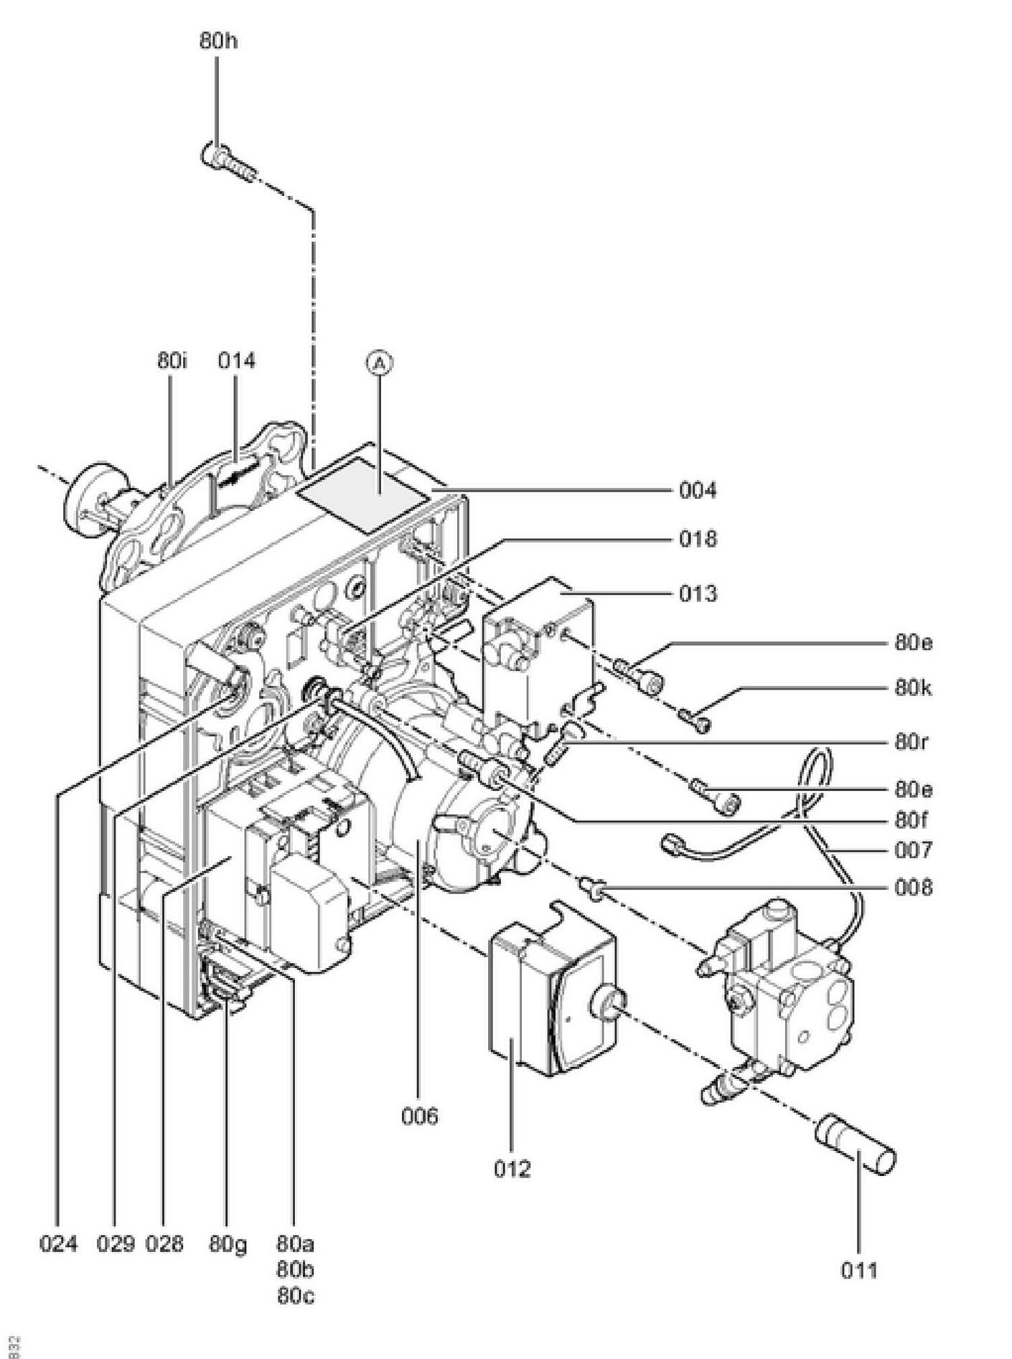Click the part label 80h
coord(218,41)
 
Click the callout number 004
coord(698,491)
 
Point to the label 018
coord(698,539)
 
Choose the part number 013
coord(698,594)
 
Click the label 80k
coord(914,688)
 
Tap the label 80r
coord(912,742)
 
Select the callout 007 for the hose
coord(914,851)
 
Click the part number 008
coord(914,888)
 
